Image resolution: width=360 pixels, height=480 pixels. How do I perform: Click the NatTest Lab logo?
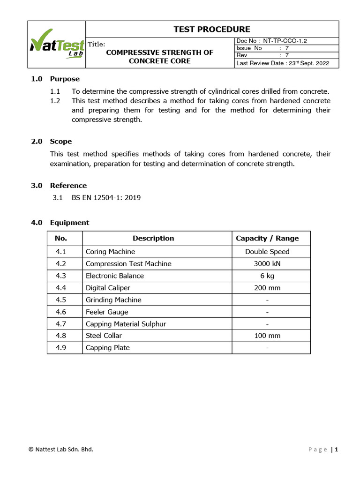tap(57, 45)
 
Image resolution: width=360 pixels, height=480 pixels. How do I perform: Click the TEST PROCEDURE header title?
tap(211, 29)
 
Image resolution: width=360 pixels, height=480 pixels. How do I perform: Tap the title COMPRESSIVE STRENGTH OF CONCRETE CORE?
tap(159, 57)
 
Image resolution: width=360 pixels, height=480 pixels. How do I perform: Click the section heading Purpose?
tap(65, 79)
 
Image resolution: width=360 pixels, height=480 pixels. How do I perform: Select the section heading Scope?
tap(61, 141)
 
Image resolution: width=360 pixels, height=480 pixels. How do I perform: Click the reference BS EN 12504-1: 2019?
tap(106, 197)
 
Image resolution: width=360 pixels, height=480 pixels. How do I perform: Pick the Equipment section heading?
tap(69, 223)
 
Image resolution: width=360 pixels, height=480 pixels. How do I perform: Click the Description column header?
tap(153, 238)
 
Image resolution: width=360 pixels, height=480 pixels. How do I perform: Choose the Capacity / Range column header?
tap(267, 238)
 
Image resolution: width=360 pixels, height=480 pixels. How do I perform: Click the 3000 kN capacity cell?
tap(267, 264)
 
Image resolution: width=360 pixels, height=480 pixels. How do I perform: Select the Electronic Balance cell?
tap(115, 276)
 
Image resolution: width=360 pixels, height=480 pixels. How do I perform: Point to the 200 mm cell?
tap(267, 288)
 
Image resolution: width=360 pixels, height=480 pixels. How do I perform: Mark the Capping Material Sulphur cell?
tap(126, 324)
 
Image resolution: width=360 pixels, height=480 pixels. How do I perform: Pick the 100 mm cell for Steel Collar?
tap(267, 336)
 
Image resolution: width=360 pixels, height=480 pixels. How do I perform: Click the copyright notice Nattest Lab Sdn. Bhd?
tap(61, 449)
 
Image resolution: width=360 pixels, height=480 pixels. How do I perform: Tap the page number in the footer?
tap(336, 449)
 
